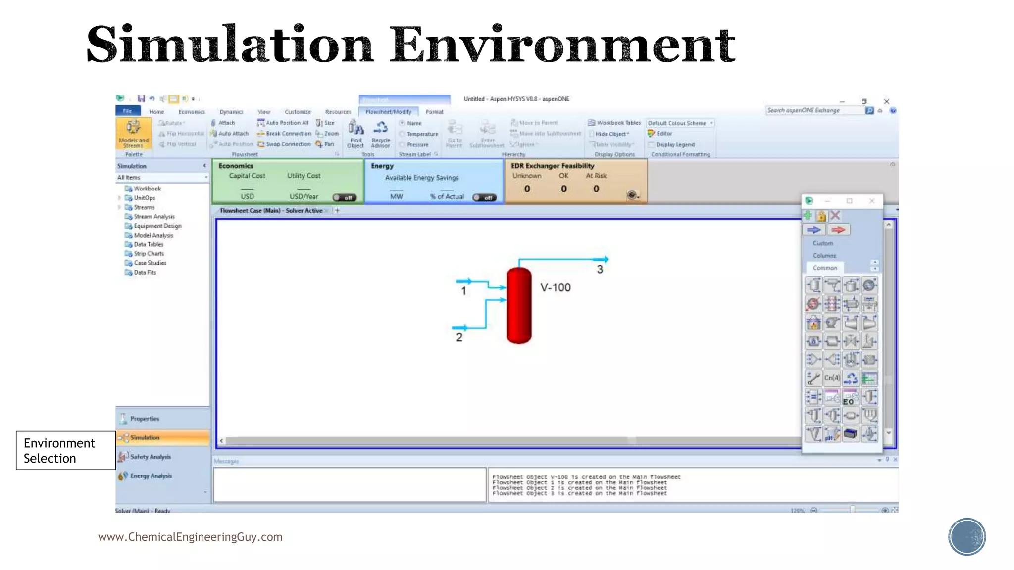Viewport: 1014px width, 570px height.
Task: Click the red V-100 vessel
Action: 519,305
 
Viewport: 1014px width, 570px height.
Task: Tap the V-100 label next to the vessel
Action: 555,287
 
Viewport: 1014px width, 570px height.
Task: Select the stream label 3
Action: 600,270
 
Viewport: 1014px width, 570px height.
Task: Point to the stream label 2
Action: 459,337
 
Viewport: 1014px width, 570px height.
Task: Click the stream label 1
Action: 463,291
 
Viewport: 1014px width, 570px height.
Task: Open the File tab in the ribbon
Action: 128,111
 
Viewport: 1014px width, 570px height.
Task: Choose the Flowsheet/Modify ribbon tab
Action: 388,112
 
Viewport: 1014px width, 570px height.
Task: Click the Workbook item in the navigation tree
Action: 147,189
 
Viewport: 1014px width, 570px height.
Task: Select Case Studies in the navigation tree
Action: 150,263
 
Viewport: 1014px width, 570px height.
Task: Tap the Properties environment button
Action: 145,419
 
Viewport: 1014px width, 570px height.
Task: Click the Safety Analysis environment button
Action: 151,457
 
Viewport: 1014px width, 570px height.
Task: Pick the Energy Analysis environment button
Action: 151,476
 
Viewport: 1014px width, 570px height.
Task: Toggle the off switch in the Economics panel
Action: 344,197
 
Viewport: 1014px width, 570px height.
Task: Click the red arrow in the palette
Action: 838,230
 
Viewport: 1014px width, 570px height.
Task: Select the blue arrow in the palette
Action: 813,230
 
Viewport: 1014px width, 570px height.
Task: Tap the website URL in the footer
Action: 190,537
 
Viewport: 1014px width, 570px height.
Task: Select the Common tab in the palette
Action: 825,268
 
